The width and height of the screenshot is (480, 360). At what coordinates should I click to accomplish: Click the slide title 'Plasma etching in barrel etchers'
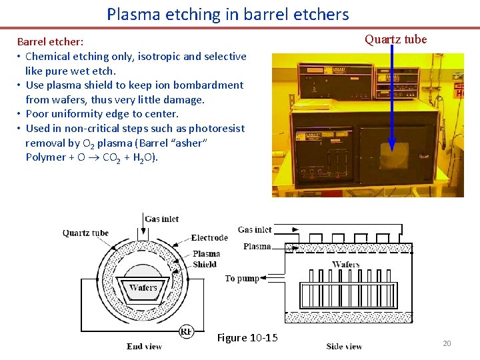pyautogui.click(x=227, y=14)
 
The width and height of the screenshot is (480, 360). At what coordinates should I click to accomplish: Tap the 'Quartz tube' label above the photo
pyautogui.click(x=395, y=39)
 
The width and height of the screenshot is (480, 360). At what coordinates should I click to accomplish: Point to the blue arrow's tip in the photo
pyautogui.click(x=392, y=148)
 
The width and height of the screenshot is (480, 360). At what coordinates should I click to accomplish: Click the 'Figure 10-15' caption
pyautogui.click(x=247, y=338)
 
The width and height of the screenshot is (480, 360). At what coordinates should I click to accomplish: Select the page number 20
pyautogui.click(x=447, y=343)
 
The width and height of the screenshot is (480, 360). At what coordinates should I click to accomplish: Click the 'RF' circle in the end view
pyautogui.click(x=187, y=331)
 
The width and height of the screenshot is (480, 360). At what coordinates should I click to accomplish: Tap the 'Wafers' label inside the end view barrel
pyautogui.click(x=143, y=288)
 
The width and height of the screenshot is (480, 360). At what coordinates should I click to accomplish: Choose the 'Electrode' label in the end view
pyautogui.click(x=209, y=238)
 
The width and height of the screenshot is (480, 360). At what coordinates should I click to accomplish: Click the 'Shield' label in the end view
pyautogui.click(x=204, y=264)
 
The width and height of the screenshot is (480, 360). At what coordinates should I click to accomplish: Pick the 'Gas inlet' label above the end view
pyautogui.click(x=162, y=219)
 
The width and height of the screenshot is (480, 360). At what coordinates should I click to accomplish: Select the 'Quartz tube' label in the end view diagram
pyautogui.click(x=85, y=233)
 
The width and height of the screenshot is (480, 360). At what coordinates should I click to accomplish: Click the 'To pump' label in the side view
pyautogui.click(x=242, y=278)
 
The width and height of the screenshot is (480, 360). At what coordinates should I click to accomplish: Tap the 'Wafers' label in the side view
pyautogui.click(x=345, y=265)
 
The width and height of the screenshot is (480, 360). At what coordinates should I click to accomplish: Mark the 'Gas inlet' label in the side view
pyautogui.click(x=255, y=229)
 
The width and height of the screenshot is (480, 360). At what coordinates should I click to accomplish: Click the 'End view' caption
pyautogui.click(x=144, y=347)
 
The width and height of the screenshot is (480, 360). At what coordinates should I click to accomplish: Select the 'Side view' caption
pyautogui.click(x=344, y=347)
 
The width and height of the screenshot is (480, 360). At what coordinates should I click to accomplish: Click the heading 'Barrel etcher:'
pyautogui.click(x=50, y=42)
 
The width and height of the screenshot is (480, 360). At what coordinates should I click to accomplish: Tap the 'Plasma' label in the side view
pyautogui.click(x=257, y=246)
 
